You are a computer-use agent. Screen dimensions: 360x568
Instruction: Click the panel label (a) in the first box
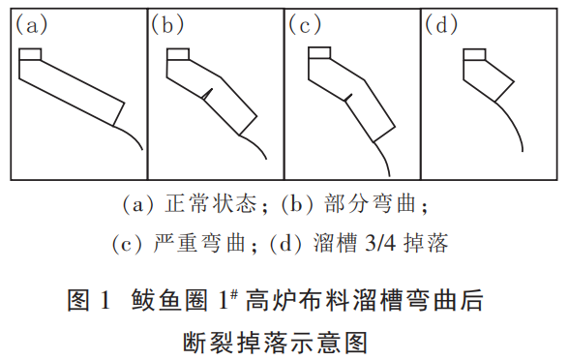[x=29, y=26]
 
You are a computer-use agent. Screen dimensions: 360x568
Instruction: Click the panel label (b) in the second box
[x=166, y=26]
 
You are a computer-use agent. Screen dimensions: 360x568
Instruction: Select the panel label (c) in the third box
[x=305, y=26]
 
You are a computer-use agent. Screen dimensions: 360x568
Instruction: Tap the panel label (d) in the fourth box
[x=440, y=26]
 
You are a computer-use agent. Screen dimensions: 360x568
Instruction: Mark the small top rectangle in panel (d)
[x=474, y=54]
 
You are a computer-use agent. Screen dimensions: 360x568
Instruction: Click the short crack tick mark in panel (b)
[x=207, y=93]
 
